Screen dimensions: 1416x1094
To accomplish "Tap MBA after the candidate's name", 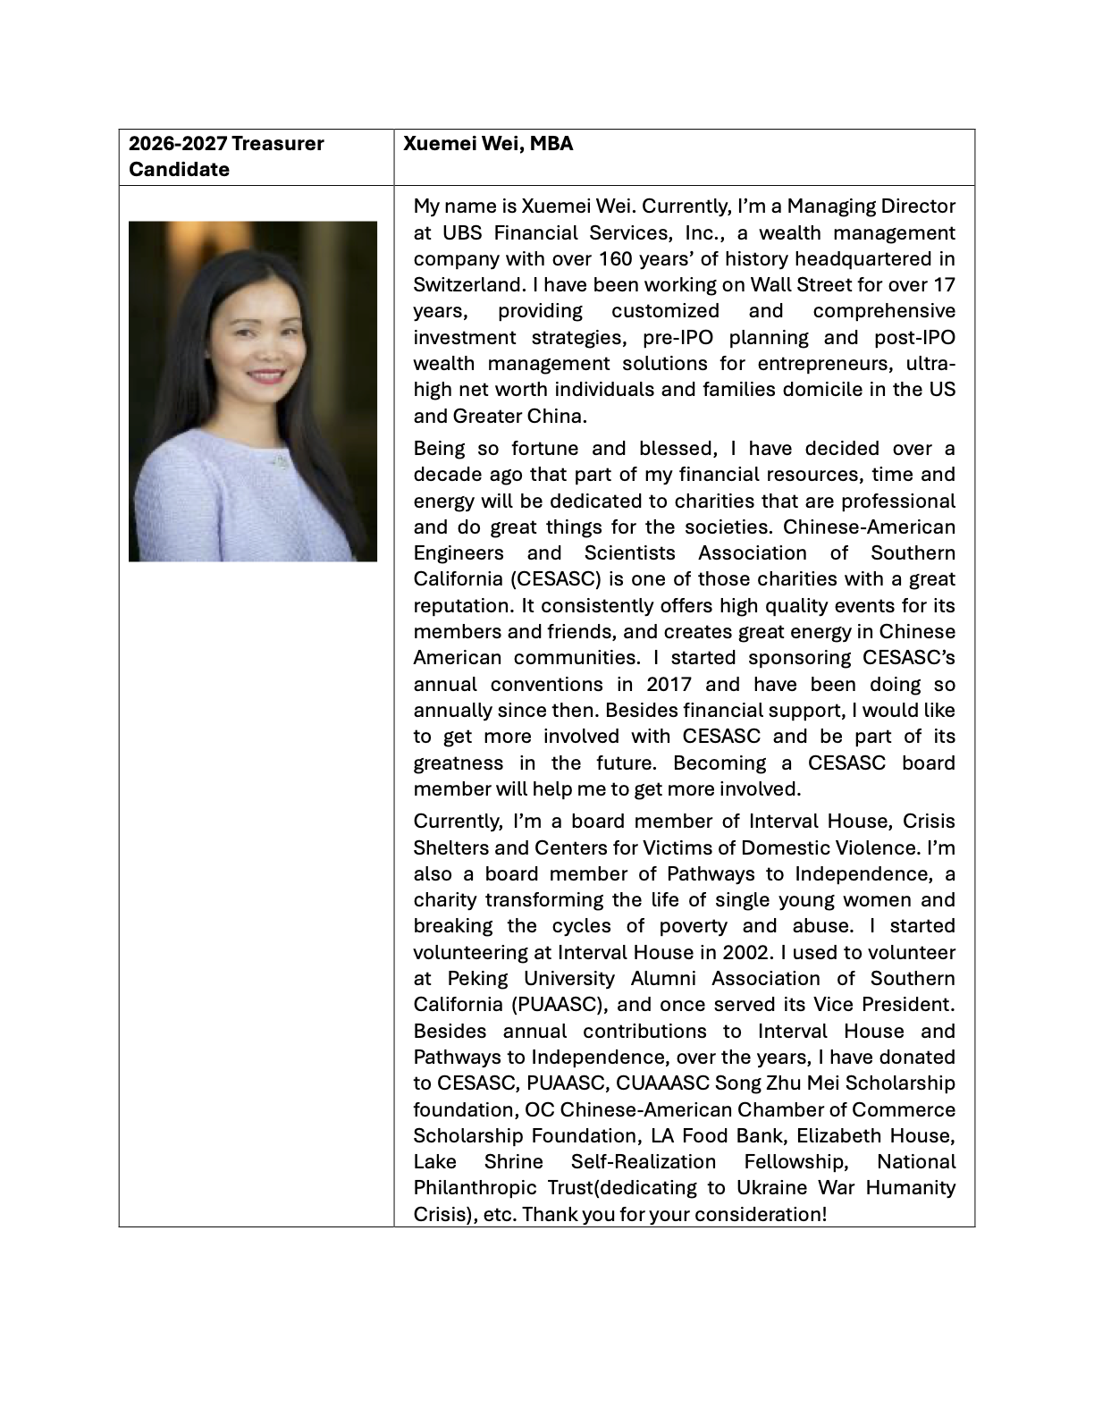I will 551,144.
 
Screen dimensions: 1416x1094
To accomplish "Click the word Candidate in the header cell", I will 179,170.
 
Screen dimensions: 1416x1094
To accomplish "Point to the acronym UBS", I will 462,233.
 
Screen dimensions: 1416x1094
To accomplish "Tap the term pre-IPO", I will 677,338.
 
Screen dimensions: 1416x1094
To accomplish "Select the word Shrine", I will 513,1162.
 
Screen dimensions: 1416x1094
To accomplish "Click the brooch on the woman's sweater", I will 280,462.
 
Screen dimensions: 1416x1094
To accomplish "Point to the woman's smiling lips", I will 266,375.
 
